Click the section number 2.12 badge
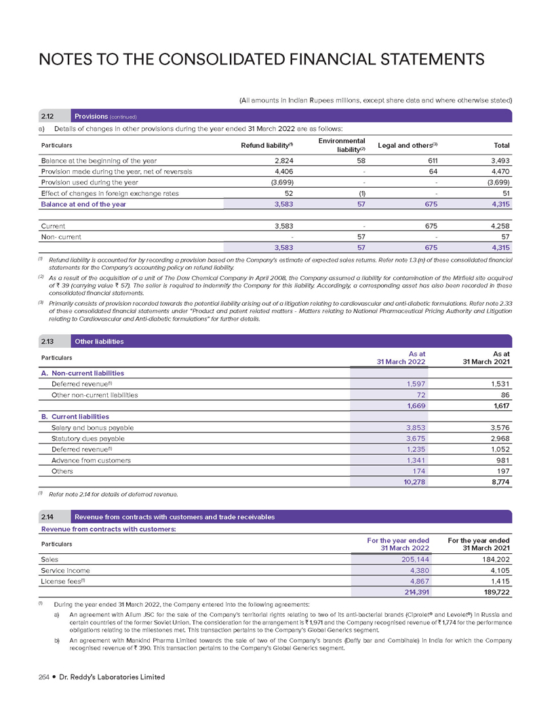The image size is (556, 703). point(47,116)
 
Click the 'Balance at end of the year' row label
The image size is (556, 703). point(83,204)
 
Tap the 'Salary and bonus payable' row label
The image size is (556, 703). point(92,428)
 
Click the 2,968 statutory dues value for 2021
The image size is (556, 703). point(498,439)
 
